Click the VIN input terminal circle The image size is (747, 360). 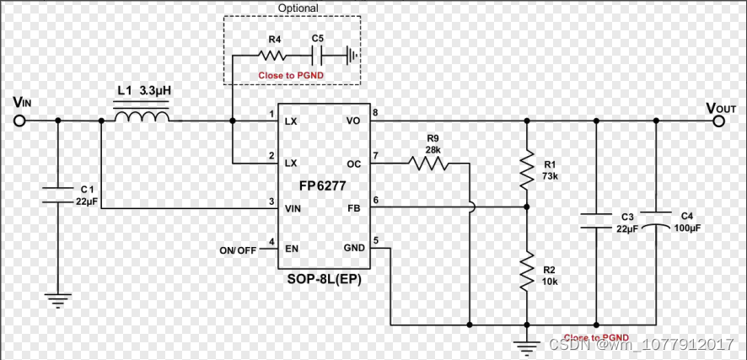[x=19, y=121]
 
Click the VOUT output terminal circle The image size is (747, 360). [x=718, y=121]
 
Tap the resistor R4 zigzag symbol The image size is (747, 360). [x=272, y=56]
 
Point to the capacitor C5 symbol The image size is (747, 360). [x=316, y=56]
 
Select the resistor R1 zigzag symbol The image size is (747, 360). [x=527, y=169]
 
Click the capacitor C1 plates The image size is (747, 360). [x=58, y=196]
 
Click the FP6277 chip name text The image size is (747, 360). [x=323, y=185]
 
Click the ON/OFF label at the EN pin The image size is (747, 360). [x=238, y=250]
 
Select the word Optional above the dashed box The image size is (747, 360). [x=298, y=8]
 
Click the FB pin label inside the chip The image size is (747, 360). [x=354, y=207]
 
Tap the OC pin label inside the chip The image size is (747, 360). [x=354, y=163]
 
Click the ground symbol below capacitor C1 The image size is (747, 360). [x=58, y=298]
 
